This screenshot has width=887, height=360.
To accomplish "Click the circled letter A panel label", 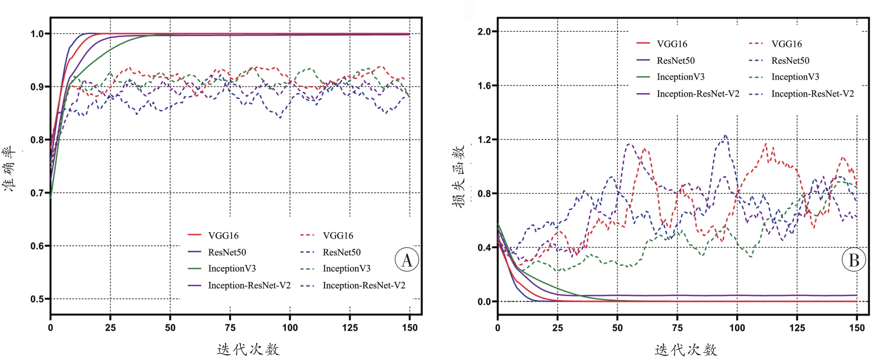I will [407, 260].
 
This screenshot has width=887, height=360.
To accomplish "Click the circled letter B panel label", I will [854, 260].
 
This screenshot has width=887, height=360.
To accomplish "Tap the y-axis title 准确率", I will [10, 169].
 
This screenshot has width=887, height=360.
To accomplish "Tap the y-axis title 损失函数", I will [458, 176].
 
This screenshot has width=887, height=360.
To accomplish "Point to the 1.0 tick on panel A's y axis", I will [37, 34].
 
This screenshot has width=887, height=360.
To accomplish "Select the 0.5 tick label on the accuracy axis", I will [37, 299].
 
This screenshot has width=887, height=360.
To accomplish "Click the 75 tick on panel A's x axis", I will [230, 328].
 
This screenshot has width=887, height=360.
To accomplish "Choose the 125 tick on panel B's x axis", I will [797, 328].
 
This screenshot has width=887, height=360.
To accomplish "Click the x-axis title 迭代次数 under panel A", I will [248, 349].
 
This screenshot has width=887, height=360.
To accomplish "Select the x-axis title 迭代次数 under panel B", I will [686, 350].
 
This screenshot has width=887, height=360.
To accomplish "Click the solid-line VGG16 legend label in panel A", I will [223, 236].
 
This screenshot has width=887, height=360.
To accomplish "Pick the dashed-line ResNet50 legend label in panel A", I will [341, 252].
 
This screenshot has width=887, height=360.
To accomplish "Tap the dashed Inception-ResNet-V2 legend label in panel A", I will [364, 285].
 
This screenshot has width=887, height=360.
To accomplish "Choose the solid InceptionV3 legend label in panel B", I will [680, 77].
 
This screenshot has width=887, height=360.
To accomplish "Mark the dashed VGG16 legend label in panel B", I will [786, 44].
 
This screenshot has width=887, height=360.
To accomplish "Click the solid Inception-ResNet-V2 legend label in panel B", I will [698, 94].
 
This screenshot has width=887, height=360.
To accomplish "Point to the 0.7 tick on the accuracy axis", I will [37, 193].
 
